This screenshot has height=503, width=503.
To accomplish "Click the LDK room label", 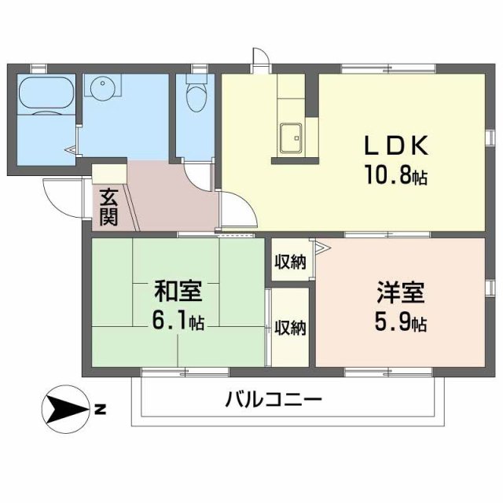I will click(x=395, y=147).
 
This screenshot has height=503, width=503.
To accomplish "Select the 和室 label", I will click(x=178, y=292).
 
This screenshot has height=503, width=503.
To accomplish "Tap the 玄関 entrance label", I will click(x=108, y=206).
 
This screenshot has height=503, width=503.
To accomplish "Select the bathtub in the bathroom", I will click(x=46, y=94).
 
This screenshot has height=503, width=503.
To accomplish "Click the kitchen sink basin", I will click(x=292, y=140).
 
